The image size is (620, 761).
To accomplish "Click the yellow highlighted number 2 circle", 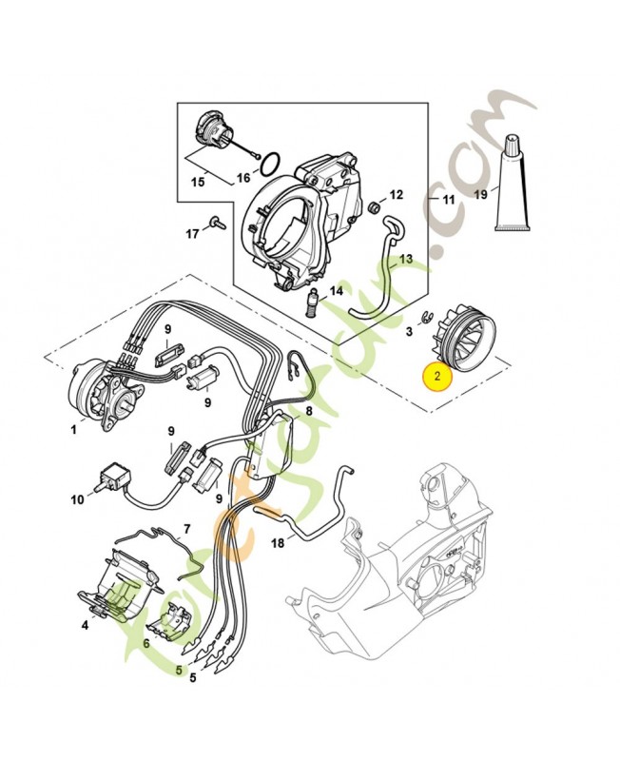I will pyautogui.click(x=436, y=378).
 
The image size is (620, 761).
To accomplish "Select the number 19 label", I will pyautogui.click(x=481, y=195).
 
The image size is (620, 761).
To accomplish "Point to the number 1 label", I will pyautogui.click(x=72, y=430).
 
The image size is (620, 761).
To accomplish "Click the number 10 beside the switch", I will pyautogui.click(x=77, y=498).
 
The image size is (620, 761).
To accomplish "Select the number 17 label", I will pyautogui.click(x=191, y=233).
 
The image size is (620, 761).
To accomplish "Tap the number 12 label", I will pyautogui.click(x=397, y=194).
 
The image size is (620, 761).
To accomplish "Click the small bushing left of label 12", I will pyautogui.click(x=375, y=206).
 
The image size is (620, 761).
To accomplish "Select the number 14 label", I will pyautogui.click(x=336, y=291).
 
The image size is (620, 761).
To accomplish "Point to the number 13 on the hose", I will pyautogui.click(x=405, y=258).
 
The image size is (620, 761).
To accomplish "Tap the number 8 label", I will pyautogui.click(x=308, y=411).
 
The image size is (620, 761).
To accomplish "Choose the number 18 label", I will pyautogui.click(x=278, y=543).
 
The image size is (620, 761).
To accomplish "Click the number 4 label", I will pyautogui.click(x=85, y=625).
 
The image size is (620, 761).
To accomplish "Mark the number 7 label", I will pyautogui.click(x=186, y=528).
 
